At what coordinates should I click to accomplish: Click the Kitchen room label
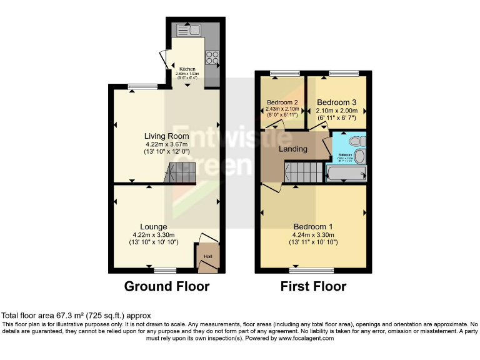point(187,69)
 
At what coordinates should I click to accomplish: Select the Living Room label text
point(166,136)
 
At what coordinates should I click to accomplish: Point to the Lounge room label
point(154,226)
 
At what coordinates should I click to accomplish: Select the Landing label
point(292,149)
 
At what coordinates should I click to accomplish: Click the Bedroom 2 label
point(281,102)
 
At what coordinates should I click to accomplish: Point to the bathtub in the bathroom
point(346,173)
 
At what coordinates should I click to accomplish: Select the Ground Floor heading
point(166,286)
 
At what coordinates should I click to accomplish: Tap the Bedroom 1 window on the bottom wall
point(311,271)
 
